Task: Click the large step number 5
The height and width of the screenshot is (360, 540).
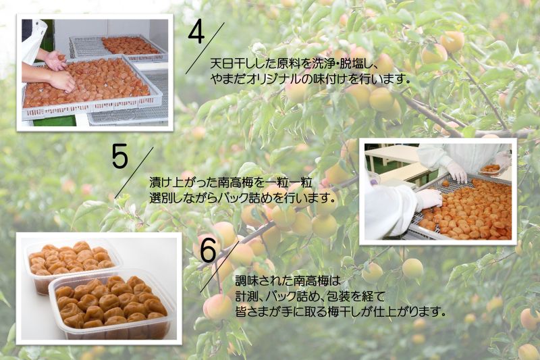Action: pos(120,157)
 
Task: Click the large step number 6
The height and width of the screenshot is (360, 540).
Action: pos(209,251)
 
